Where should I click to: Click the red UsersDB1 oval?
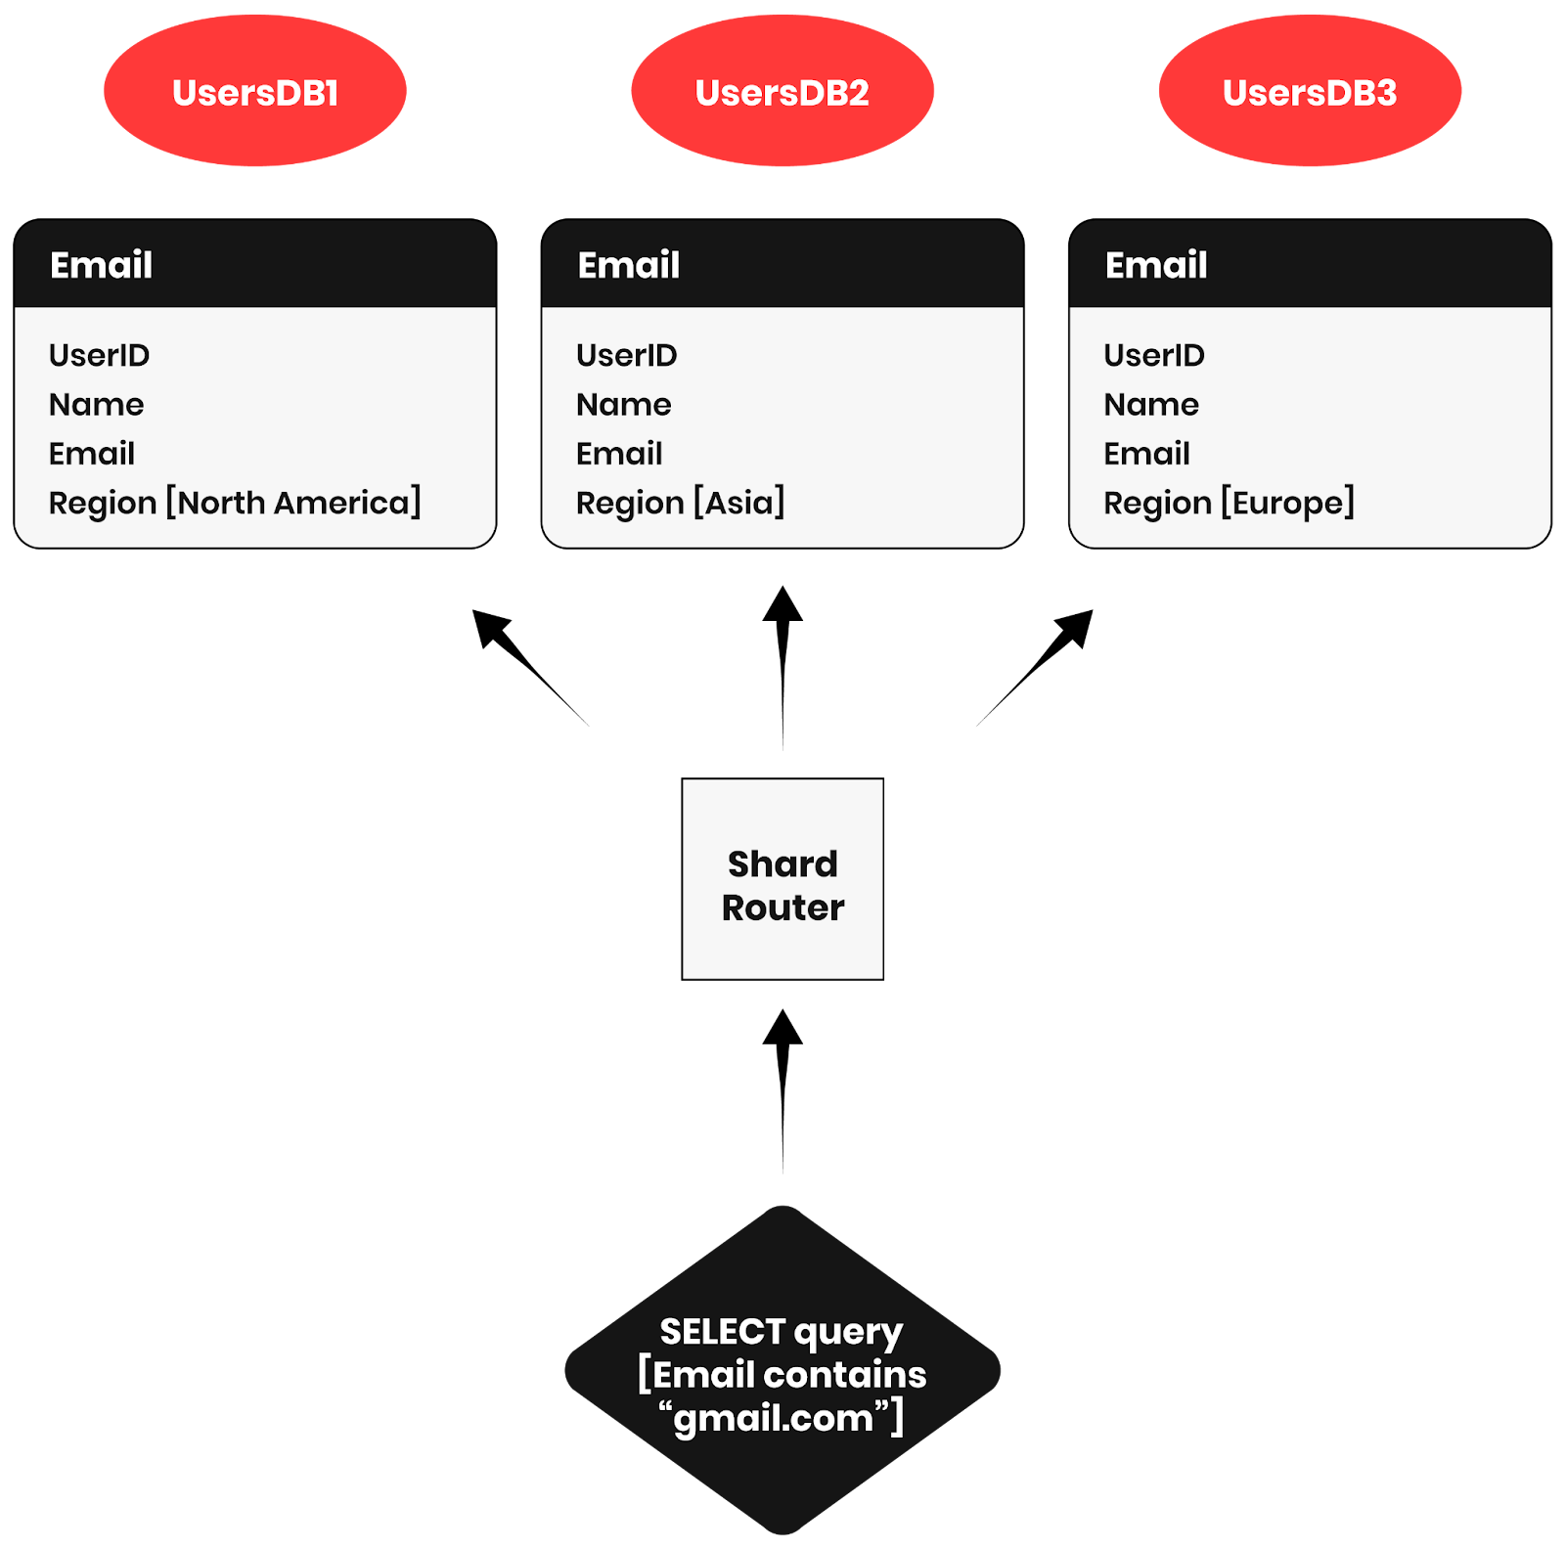[x=254, y=92]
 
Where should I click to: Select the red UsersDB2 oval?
[x=782, y=92]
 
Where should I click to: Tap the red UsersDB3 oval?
[x=1310, y=92]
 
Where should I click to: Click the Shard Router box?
[x=782, y=878]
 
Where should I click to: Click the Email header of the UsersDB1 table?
[x=102, y=265]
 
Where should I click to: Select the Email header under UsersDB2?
[x=629, y=265]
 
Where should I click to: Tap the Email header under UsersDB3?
[x=1156, y=265]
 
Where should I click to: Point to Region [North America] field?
[x=235, y=503]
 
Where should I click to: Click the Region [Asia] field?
[x=680, y=503]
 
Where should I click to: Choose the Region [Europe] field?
[x=1229, y=503]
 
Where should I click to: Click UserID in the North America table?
[x=99, y=355]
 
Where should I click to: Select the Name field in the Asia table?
[x=623, y=404]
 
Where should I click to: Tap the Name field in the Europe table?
[x=1151, y=404]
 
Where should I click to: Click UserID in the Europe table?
[x=1154, y=355]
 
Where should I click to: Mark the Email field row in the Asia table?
[x=619, y=454]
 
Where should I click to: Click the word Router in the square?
[x=782, y=907]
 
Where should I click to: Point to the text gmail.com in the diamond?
[x=774, y=1418]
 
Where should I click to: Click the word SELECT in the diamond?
[x=722, y=1331]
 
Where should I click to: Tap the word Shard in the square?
[x=782, y=864]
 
